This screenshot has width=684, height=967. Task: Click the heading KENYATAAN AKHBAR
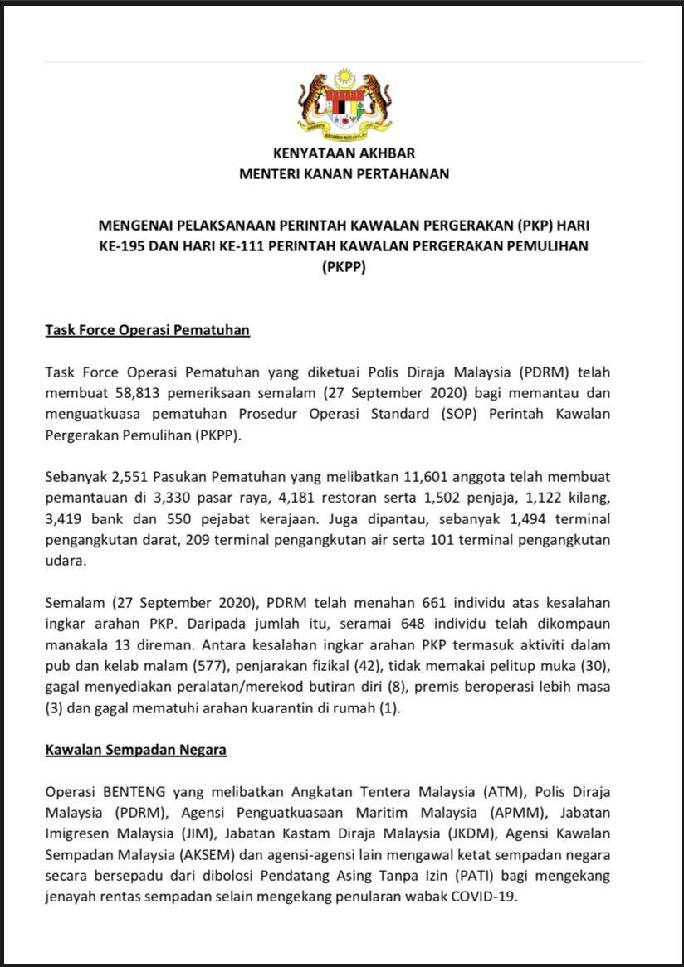pyautogui.click(x=344, y=153)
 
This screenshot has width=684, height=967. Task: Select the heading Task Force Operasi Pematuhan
pyautogui.click(x=147, y=330)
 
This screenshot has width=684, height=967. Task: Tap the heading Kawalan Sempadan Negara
pyautogui.click(x=135, y=750)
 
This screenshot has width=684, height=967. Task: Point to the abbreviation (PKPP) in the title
pyautogui.click(x=343, y=268)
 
